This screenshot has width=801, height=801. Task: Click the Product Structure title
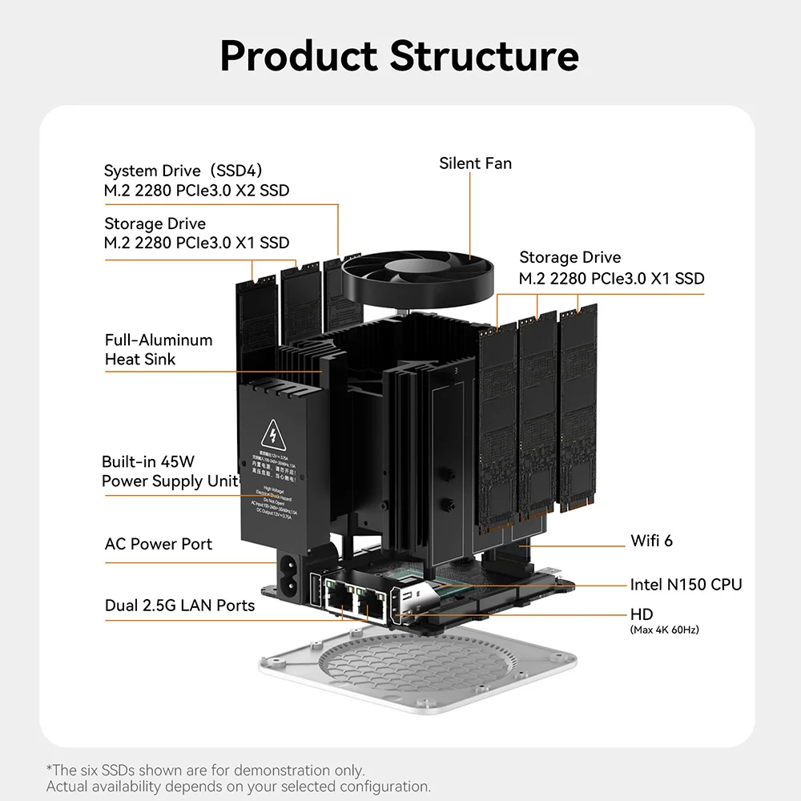(399, 56)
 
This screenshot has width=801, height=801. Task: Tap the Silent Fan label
(475, 163)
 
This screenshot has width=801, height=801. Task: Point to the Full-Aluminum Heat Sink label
(159, 349)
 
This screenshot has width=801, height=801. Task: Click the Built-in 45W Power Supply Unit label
(170, 471)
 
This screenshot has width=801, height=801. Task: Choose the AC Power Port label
(159, 544)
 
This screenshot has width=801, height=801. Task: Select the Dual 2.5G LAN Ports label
(179, 606)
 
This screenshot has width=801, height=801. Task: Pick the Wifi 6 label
(651, 541)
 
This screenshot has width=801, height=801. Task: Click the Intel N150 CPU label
(686, 585)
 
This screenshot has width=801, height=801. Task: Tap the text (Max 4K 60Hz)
(664, 630)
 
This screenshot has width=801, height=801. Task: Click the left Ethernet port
(340, 602)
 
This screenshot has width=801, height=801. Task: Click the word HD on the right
(642, 614)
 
